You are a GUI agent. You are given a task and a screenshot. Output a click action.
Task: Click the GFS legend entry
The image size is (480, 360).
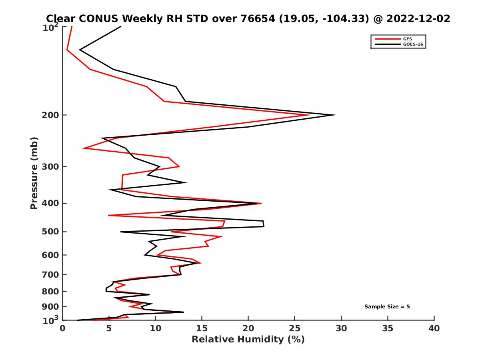click(x=408, y=39)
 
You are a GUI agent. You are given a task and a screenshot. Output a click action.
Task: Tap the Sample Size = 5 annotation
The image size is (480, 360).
click(x=387, y=307)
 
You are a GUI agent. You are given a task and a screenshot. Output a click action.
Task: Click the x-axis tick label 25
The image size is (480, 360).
click(x=295, y=328)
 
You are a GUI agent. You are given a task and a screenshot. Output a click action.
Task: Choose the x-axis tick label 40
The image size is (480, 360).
click(x=434, y=328)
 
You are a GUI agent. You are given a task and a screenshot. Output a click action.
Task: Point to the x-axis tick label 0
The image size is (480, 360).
click(x=62, y=328)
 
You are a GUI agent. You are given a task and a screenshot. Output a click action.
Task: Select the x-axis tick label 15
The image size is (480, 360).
click(x=202, y=328)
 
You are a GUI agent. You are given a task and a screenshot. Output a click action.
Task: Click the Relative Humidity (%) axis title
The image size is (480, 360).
click(x=248, y=340)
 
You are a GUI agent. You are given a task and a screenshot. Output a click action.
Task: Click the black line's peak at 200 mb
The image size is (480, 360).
click(x=336, y=115)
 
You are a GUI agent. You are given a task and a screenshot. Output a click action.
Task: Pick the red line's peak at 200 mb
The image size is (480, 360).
click(x=310, y=115)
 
